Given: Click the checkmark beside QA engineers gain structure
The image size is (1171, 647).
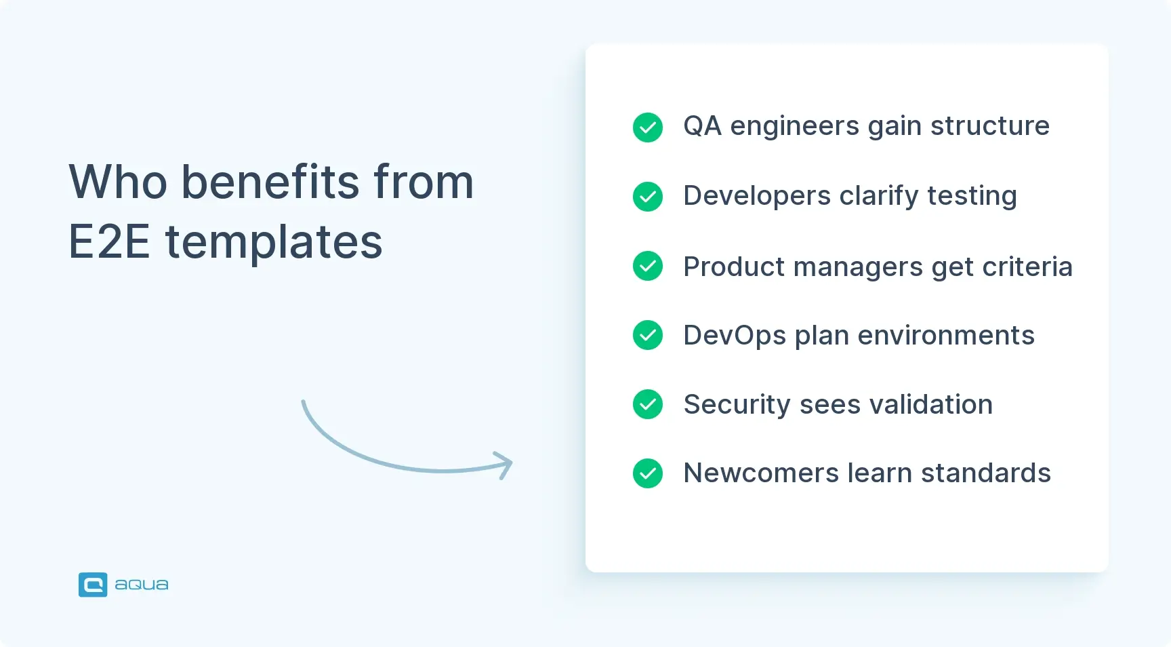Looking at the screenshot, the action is [x=648, y=128].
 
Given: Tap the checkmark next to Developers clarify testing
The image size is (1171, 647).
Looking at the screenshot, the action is [x=648, y=197].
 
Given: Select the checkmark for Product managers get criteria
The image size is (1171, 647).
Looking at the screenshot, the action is [x=648, y=266].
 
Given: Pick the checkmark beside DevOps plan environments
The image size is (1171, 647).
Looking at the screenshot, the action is [x=648, y=335].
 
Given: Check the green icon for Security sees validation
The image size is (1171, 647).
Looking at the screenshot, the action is [x=648, y=404].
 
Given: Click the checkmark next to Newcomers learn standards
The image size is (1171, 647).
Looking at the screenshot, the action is [x=648, y=473].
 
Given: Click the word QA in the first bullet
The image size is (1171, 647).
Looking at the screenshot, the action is [x=702, y=126].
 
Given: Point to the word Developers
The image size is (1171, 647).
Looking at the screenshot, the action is [x=757, y=197].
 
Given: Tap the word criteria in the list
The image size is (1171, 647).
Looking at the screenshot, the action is [x=1027, y=267].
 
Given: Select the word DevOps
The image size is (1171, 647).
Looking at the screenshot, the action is [x=735, y=336].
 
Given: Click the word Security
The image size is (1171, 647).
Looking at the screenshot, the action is [x=737, y=405].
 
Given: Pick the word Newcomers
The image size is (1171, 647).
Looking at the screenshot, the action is [x=761, y=473].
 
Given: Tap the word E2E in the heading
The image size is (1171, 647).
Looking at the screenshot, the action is [x=109, y=242].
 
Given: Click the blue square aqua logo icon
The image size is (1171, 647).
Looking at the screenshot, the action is [x=93, y=585].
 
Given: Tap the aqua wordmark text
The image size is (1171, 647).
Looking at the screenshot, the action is [x=142, y=585].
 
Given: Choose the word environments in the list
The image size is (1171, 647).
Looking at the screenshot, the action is [x=946, y=336].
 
